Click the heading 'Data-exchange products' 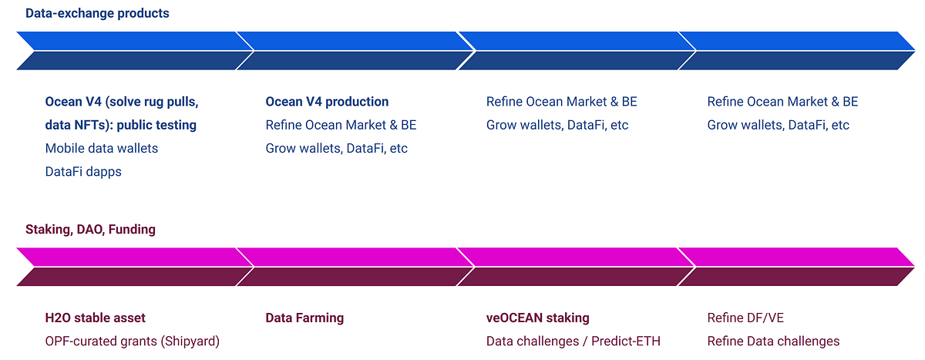click(x=97, y=13)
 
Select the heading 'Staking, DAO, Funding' click(x=90, y=229)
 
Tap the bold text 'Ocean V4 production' click(x=327, y=102)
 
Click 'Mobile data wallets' click(x=102, y=148)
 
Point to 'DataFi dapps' click(x=83, y=171)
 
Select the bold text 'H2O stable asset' click(x=96, y=318)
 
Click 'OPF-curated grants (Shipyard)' click(x=133, y=341)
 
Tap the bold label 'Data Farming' click(x=304, y=318)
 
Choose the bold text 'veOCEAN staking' click(x=538, y=318)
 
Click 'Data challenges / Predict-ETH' click(x=573, y=341)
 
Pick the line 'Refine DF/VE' click(x=745, y=318)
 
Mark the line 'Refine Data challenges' click(x=773, y=341)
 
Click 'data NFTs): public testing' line click(x=121, y=125)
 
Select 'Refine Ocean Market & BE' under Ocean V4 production click(x=341, y=125)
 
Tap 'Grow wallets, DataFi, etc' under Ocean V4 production click(x=337, y=148)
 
